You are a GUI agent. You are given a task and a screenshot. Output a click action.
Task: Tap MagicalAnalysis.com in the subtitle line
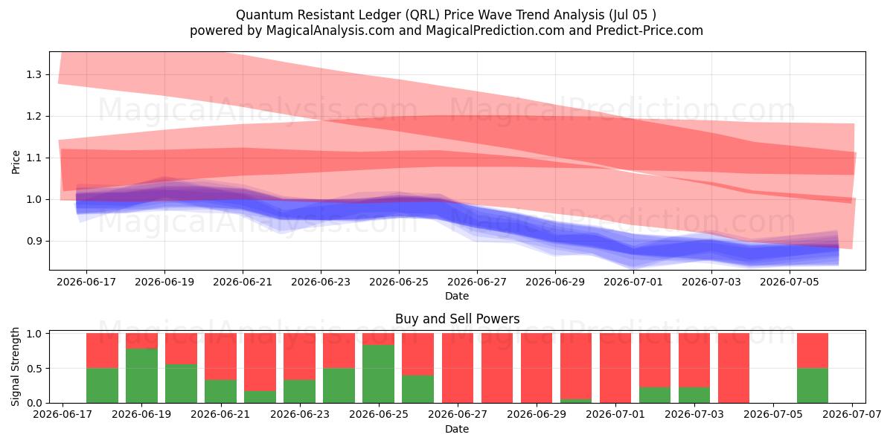tap(330, 30)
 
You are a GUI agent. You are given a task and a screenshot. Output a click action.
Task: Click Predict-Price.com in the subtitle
tap(650, 30)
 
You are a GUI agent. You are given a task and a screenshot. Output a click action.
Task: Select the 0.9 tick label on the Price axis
tap(33, 241)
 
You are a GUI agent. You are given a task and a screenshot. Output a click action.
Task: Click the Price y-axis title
tap(16, 162)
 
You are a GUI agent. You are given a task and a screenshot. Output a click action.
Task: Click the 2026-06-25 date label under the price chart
tap(399, 282)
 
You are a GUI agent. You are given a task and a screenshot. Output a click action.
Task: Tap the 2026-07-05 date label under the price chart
tap(790, 282)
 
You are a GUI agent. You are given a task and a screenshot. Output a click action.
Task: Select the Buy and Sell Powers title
tap(457, 319)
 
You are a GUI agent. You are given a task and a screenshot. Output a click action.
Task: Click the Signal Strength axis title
tap(15, 366)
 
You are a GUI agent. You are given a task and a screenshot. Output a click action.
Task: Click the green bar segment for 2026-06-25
tap(378, 374)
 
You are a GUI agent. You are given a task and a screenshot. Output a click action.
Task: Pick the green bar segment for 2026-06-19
tap(141, 376)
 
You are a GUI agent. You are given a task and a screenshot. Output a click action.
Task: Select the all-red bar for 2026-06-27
tap(457, 368)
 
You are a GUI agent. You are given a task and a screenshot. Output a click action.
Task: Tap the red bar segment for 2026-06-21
tap(220, 356)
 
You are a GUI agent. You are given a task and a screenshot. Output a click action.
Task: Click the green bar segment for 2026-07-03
tap(694, 395)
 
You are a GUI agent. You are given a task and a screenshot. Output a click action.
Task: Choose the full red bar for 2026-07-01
tap(615, 368)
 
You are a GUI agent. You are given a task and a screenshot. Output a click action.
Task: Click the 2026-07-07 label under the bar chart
tap(852, 415)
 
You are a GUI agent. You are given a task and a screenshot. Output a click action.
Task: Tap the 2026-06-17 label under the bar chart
tap(63, 415)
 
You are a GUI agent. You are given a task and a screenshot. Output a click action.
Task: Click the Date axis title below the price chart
tap(457, 296)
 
